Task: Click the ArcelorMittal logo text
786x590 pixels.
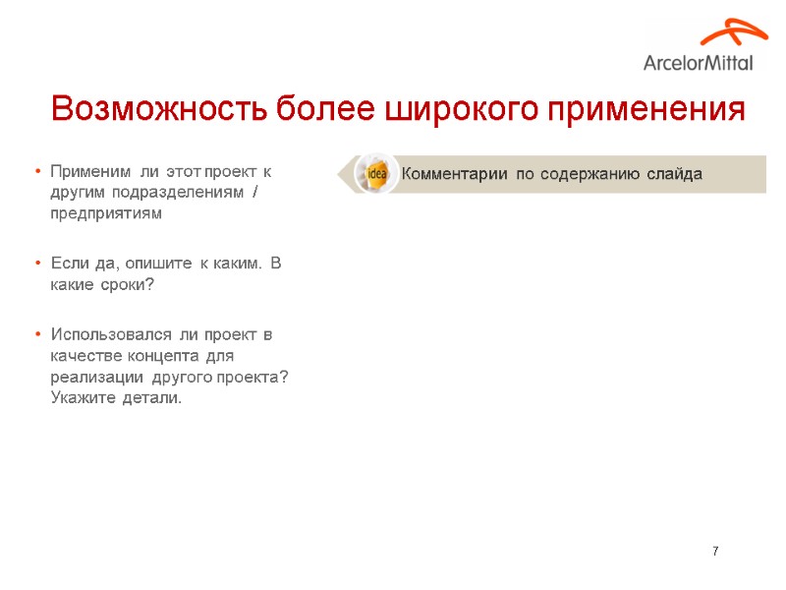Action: pos(699,63)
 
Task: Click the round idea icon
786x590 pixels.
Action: pos(374,174)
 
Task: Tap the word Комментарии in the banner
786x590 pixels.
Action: pos(454,174)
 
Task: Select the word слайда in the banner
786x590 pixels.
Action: pos(674,174)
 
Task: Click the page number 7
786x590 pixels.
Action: pos(715,551)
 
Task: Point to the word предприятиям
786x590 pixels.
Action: pos(107,212)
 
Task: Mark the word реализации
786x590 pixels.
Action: pos(96,378)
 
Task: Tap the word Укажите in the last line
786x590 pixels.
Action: pos(82,398)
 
